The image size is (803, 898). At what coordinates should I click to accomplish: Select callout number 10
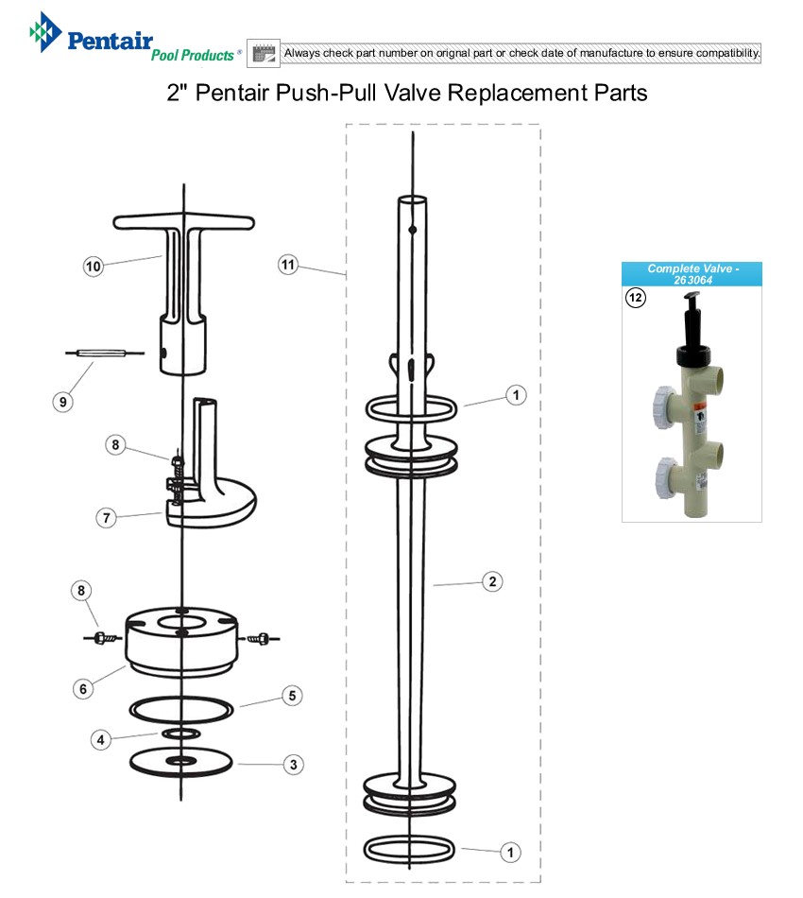tap(93, 267)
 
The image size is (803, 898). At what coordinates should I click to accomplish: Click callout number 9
tap(62, 401)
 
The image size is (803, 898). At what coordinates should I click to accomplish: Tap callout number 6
tap(83, 688)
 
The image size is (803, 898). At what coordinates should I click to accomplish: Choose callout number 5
tap(293, 696)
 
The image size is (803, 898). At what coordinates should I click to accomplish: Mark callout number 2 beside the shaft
tap(491, 581)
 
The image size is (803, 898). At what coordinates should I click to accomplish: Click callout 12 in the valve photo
tap(635, 297)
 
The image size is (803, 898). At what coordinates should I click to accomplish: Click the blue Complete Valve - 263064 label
tap(692, 274)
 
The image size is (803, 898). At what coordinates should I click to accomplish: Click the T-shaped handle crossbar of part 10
tap(183, 223)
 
